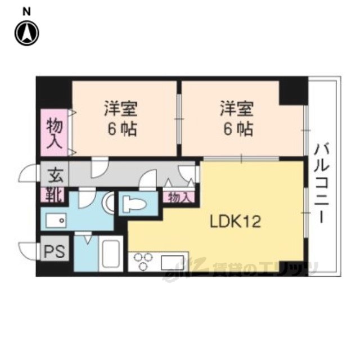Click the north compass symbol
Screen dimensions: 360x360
(27, 33)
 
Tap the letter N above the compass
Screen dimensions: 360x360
(26, 12)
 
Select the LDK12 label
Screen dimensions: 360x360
(236, 222)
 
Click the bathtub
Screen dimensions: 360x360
(111, 254)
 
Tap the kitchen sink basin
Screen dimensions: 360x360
(172, 263)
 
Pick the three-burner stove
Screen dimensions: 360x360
(143, 261)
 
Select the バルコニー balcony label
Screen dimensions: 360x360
(322, 183)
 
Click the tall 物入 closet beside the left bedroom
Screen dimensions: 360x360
(55, 133)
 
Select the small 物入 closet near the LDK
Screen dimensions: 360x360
(179, 197)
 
